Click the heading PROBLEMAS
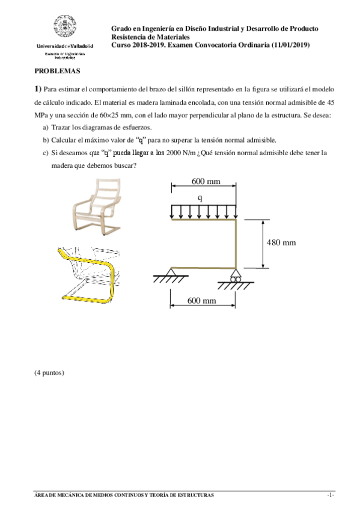coord(57,70)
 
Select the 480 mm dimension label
coord(281,242)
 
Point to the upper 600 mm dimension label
coord(206,181)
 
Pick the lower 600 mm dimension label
coord(201,300)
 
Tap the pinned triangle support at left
coord(171,275)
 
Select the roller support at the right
coord(235,277)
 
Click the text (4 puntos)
coord(49,372)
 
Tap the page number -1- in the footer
coord(330,495)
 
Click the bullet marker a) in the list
coord(46,127)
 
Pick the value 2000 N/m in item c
coord(184,153)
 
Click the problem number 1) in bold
coord(38,88)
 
